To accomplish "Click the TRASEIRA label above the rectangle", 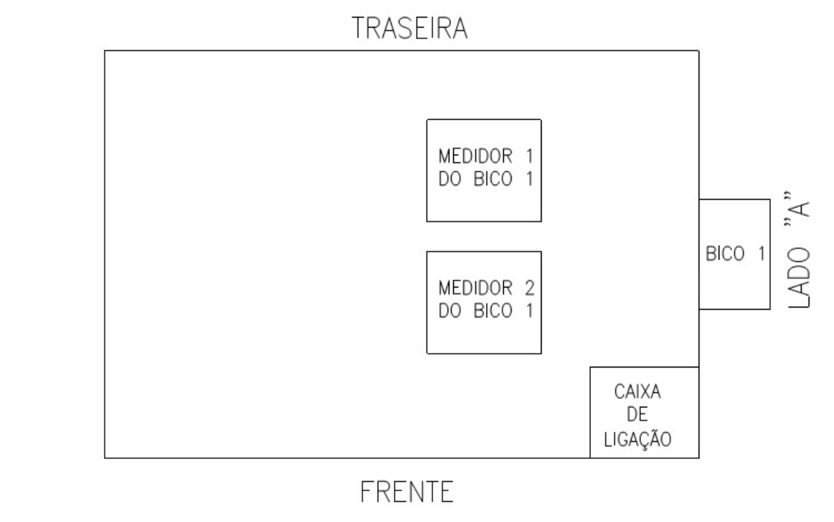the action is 409,28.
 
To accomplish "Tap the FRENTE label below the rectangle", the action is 407,492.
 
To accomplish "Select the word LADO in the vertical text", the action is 799,278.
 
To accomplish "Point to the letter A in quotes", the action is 799,209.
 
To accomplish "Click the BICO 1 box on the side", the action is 735,254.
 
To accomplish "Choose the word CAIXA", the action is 637,392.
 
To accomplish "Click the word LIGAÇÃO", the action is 638,438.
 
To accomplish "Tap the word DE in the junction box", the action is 637,414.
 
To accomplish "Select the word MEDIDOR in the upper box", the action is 475,156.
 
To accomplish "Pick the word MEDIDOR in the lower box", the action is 475,288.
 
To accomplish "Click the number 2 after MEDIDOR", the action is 529,288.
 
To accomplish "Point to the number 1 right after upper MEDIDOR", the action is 529,156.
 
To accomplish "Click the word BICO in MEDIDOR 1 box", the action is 492,179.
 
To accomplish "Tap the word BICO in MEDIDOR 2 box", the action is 492,311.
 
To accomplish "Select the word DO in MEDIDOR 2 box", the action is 449,311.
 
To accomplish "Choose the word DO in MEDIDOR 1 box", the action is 449,179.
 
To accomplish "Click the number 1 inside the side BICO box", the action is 762,254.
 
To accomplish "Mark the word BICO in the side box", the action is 725,254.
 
